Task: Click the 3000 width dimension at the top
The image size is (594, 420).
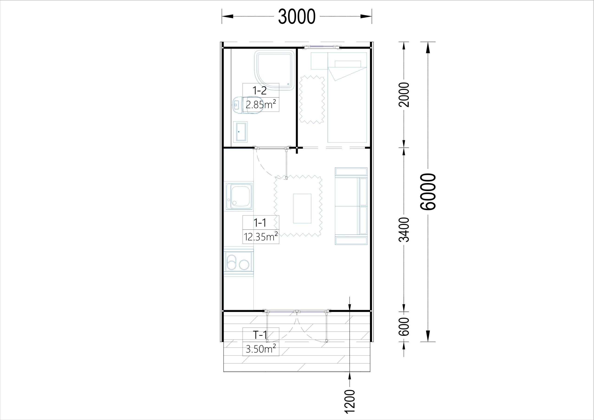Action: click(297, 16)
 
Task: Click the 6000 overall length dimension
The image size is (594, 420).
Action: click(428, 191)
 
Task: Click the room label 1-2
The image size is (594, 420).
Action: click(259, 90)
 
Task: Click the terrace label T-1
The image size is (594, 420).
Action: click(260, 335)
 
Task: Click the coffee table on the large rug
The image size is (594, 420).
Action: click(302, 208)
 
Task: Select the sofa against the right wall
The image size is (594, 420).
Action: click(351, 206)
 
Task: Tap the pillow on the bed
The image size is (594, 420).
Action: click(348, 64)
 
